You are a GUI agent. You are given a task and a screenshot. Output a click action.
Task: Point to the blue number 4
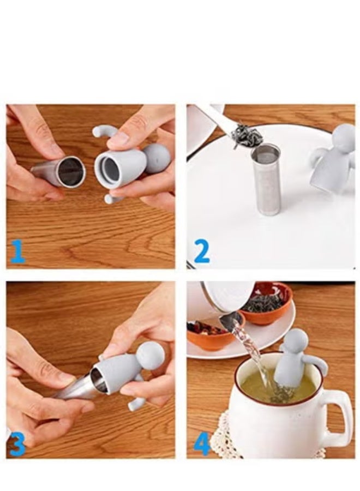pos(201,444)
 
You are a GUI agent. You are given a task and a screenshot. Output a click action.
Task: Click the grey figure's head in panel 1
pos(157,158)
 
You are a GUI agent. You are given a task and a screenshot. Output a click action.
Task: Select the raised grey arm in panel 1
pos(104,131)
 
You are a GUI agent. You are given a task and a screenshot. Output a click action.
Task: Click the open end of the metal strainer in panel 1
pos(71,172)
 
